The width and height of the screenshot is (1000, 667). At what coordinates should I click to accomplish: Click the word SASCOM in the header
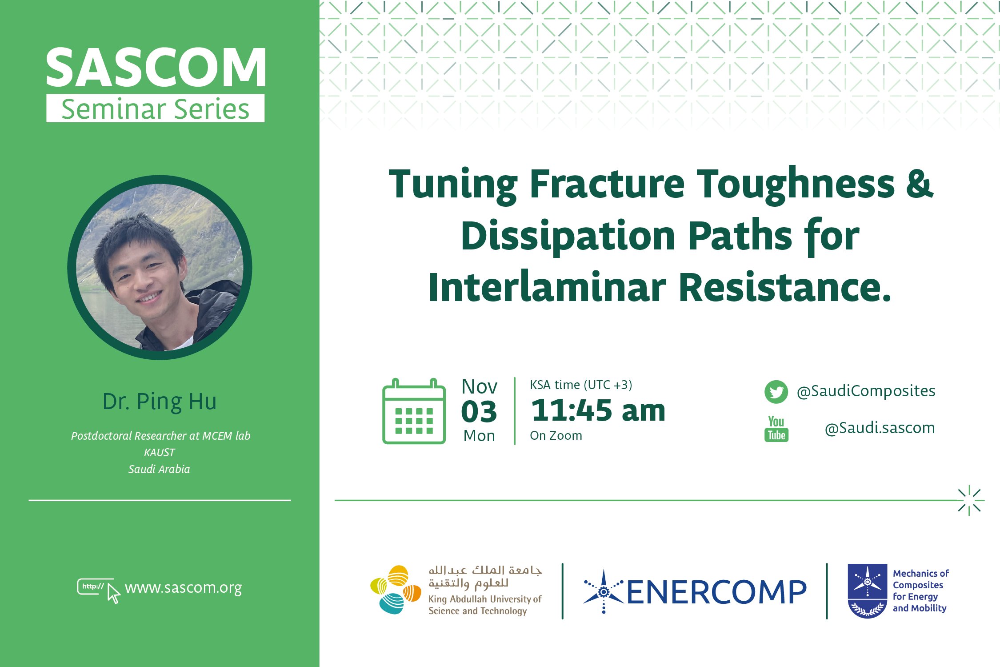pyautogui.click(x=156, y=68)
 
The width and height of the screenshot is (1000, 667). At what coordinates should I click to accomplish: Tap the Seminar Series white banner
pyautogui.click(x=156, y=108)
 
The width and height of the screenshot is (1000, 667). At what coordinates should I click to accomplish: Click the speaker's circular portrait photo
pyautogui.click(x=160, y=267)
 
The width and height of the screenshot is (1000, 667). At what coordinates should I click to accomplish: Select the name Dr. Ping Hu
pyautogui.click(x=160, y=402)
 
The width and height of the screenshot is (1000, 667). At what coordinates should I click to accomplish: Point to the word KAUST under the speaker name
pyautogui.click(x=160, y=453)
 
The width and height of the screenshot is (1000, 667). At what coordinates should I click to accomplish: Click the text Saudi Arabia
pyautogui.click(x=159, y=469)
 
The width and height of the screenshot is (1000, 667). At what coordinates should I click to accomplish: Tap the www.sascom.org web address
pyautogui.click(x=184, y=588)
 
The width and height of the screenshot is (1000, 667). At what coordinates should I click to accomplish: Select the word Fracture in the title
pyautogui.click(x=607, y=184)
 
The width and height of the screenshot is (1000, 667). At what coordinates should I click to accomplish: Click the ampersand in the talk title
pyautogui.click(x=920, y=184)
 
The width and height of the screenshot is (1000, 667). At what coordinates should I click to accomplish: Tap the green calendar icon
pyautogui.click(x=414, y=411)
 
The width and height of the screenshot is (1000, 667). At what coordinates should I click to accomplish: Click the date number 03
pyautogui.click(x=479, y=412)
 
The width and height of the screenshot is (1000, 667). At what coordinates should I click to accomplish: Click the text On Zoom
pyautogui.click(x=556, y=436)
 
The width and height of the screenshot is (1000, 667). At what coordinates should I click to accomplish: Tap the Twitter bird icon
pyautogui.click(x=776, y=392)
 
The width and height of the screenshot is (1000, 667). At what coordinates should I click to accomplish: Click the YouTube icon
pyautogui.click(x=776, y=429)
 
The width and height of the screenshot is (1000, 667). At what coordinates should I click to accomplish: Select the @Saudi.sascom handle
pyautogui.click(x=880, y=428)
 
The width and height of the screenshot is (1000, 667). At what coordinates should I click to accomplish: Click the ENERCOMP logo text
pyautogui.click(x=716, y=592)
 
